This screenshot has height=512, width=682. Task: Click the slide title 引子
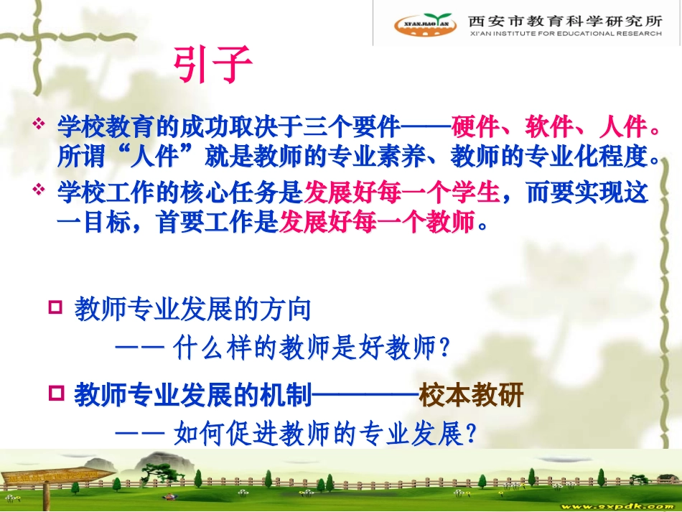[x=212, y=65]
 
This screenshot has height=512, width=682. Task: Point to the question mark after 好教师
[x=444, y=348]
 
